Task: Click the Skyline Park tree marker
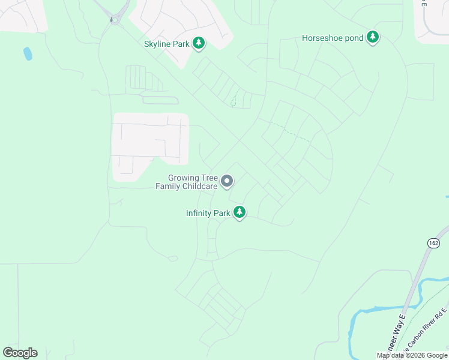pos(199,43)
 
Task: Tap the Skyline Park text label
pos(166,44)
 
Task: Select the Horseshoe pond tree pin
pos(373,38)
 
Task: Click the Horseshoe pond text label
pos(333,38)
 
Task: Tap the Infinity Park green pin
pos(240,212)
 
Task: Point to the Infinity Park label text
pos(208,213)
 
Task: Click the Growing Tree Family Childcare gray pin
pos(227,181)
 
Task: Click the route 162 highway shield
pos(433,242)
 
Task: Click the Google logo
pos(20,353)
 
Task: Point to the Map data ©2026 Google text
pos(412,355)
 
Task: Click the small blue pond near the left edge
pos(28,54)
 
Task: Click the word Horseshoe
pos(322,38)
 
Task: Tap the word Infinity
pos(198,213)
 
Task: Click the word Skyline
pos(158,44)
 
